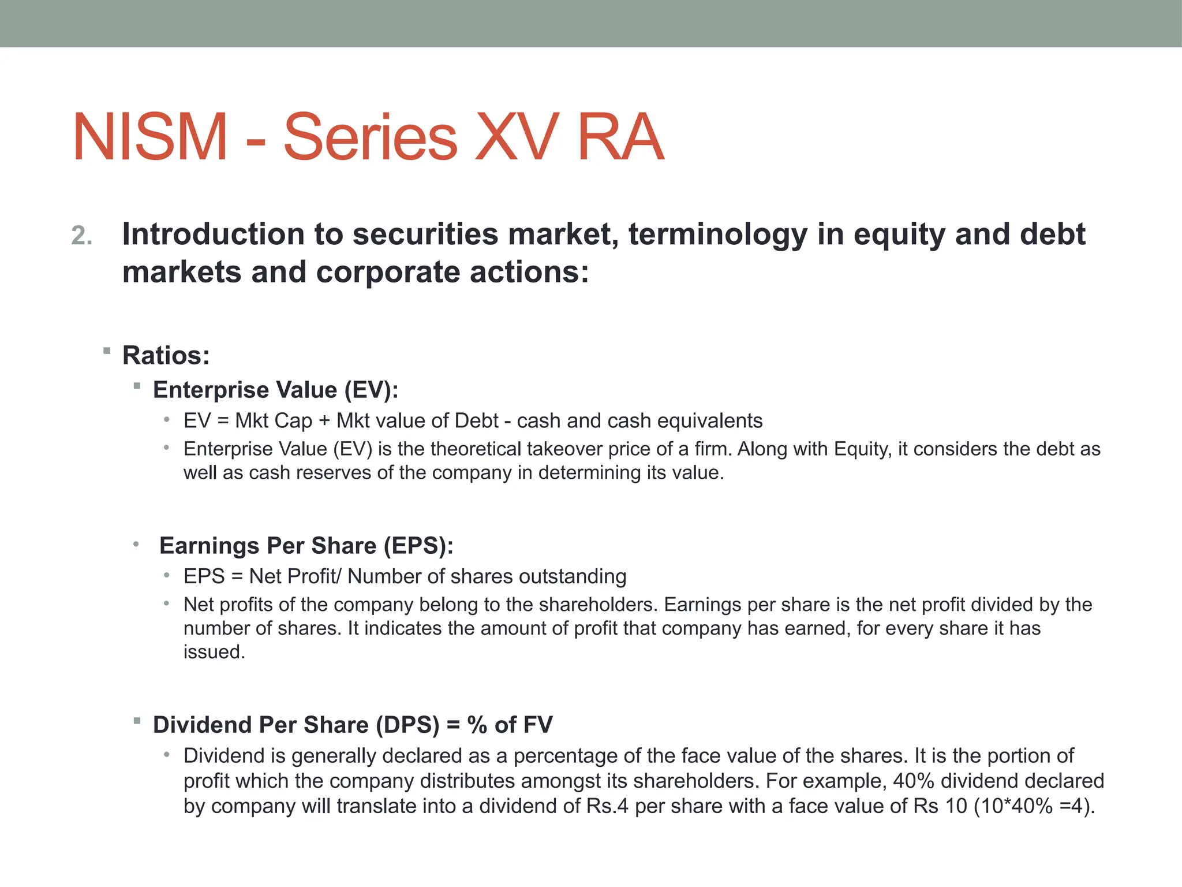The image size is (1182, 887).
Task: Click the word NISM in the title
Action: pyautogui.click(x=150, y=137)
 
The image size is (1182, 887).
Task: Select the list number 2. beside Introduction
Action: pyautogui.click(x=82, y=236)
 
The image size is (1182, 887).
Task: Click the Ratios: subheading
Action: pyautogui.click(x=166, y=355)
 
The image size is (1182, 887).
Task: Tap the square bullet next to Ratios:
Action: pyautogui.click(x=107, y=351)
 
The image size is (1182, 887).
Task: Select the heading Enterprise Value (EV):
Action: pyautogui.click(x=275, y=390)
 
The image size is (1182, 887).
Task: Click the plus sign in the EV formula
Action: pyautogui.click(x=324, y=421)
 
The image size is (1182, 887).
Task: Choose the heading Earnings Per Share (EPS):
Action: pyautogui.click(x=306, y=546)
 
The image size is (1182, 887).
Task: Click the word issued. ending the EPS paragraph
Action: pyautogui.click(x=214, y=652)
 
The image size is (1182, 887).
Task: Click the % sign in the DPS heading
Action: pyautogui.click(x=477, y=725)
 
